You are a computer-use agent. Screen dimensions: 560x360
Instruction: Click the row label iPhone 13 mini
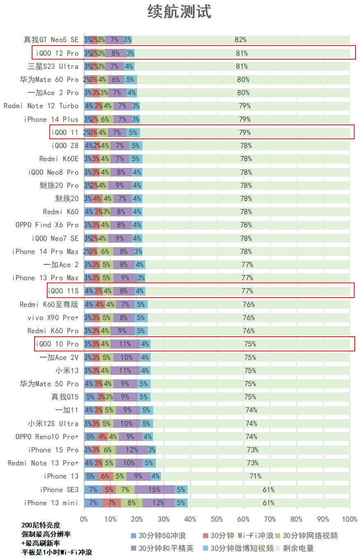(51, 503)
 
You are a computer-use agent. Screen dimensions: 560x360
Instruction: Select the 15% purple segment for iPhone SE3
(154, 489)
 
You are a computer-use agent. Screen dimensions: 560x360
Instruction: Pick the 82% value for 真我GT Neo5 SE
(241, 40)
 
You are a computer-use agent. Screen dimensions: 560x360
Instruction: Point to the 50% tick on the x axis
(217, 519)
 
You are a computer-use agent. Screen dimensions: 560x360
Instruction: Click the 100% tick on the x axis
(349, 519)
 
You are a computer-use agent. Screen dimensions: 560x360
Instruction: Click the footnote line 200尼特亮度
(41, 525)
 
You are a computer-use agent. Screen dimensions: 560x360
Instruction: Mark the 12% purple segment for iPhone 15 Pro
(131, 450)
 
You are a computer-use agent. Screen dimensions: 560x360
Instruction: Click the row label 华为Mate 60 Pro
(49, 79)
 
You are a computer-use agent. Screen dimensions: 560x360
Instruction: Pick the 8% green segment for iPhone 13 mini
(131, 503)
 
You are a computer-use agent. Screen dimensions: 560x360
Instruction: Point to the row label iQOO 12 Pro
(57, 53)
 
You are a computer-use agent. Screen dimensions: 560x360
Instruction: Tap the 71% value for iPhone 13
(255, 476)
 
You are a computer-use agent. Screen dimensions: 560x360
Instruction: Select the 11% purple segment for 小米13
(125, 370)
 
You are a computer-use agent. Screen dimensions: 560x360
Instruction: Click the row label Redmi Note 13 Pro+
(43, 463)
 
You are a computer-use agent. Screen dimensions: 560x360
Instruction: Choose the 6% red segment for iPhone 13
(105, 476)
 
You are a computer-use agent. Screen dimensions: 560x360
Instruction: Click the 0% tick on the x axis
(84, 519)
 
